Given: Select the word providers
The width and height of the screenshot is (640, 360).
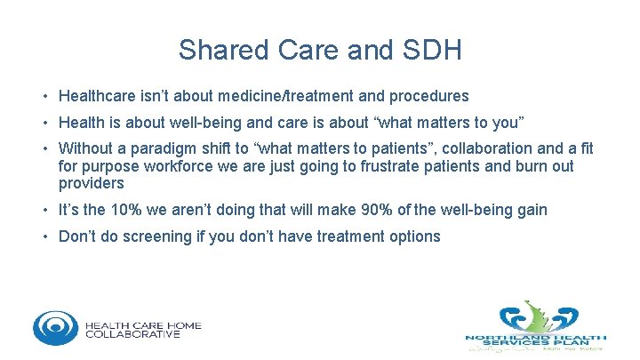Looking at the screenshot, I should click(92, 183).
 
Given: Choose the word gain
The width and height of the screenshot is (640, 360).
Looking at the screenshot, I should click(531, 210).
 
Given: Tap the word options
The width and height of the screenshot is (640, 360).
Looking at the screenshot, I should click(413, 236).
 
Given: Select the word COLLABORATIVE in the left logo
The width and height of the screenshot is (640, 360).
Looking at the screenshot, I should click(132, 334).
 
